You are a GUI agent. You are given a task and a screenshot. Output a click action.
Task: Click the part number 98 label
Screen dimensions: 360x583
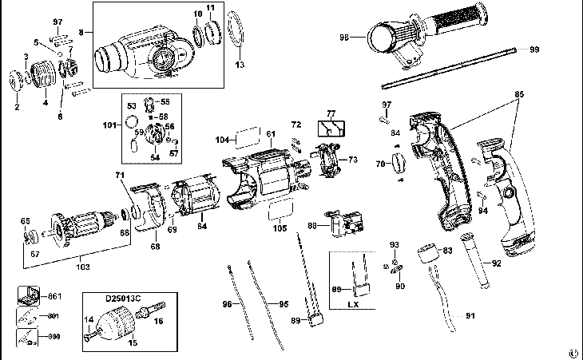point(345,37)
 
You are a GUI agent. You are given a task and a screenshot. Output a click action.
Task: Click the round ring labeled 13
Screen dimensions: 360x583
point(234,34)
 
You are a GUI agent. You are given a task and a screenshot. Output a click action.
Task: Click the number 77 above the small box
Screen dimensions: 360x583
point(330,113)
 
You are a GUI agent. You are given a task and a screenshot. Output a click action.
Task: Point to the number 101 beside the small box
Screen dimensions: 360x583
point(110,125)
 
